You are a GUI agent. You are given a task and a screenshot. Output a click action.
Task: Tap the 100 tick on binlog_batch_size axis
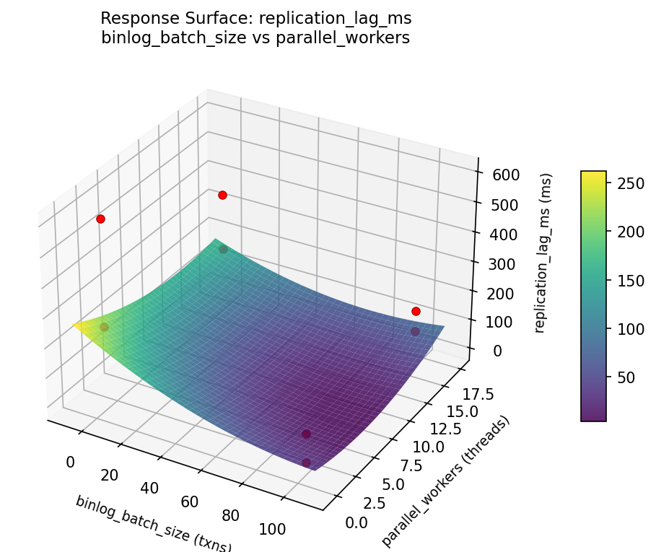(271, 529)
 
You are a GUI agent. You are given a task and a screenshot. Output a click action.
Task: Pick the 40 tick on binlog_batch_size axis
(149, 489)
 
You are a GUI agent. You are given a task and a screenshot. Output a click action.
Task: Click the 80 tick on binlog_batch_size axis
(231, 515)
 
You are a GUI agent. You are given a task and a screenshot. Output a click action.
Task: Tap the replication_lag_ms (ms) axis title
(546, 253)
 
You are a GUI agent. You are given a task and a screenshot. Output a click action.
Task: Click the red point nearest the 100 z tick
(416, 311)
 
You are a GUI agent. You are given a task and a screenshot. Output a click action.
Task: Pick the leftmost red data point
(100, 219)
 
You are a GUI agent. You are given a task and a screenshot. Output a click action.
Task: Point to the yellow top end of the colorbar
(593, 174)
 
